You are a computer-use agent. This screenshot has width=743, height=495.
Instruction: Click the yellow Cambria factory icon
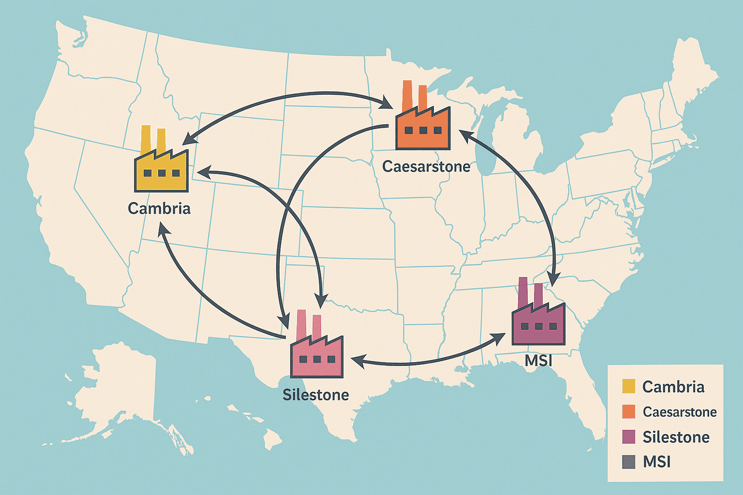(x=161, y=167)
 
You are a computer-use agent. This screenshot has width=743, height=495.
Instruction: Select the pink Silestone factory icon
(x=317, y=355)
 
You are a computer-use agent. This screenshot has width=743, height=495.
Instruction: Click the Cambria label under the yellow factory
(x=159, y=208)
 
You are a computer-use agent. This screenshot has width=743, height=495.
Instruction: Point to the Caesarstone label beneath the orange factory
(x=426, y=167)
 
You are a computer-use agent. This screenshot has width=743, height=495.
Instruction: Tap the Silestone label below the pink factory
(x=316, y=395)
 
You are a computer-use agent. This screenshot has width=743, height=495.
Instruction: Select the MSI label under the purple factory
(x=538, y=361)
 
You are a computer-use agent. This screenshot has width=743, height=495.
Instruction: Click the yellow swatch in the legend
(x=628, y=387)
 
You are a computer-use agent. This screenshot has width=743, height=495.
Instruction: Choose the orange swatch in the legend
(x=628, y=412)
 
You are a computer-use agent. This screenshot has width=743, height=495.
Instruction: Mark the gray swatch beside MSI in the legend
(x=628, y=462)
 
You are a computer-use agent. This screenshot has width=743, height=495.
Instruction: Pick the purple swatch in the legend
(x=628, y=437)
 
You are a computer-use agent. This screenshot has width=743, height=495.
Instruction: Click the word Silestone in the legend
(x=676, y=437)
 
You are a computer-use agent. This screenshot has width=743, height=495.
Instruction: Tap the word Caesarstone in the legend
(x=680, y=412)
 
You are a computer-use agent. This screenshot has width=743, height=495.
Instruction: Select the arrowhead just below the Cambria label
(x=163, y=228)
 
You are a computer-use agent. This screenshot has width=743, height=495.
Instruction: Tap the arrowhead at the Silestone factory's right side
(x=356, y=361)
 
